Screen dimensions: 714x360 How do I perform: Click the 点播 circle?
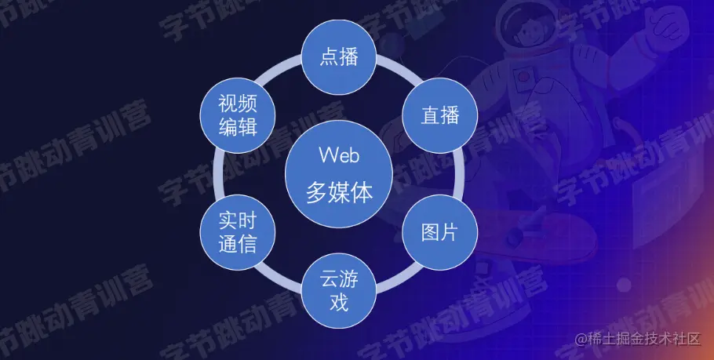coord(339,57)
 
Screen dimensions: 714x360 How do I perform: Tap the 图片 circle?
coord(439,232)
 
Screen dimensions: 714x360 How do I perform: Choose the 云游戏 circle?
coord(339,291)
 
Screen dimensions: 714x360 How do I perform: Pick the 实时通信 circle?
coord(237,232)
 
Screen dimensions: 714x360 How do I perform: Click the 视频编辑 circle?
coord(237,115)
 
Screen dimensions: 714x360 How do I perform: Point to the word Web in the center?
coord(339,155)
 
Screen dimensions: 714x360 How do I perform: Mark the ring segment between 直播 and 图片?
coord(457,173)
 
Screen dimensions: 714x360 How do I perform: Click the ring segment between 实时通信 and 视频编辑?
coord(220,173)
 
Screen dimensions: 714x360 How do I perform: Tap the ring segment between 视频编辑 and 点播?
coord(284,78)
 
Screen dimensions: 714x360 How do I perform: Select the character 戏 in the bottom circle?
coord(339,303)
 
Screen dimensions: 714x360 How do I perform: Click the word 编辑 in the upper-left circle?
coord(237,126)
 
